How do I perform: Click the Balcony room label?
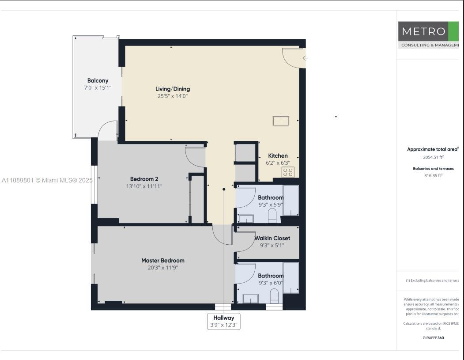(x=98, y=80)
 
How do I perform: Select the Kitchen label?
(x=278, y=155)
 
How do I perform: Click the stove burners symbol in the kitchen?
(x=288, y=172)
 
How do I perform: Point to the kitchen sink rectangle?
(x=281, y=121)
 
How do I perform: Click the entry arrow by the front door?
(x=305, y=58)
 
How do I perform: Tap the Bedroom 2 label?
(x=144, y=179)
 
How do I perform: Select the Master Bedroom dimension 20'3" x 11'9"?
(x=162, y=268)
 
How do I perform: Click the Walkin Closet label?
(x=272, y=238)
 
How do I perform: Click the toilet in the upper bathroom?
(x=272, y=215)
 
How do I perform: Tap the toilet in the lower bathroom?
(x=274, y=296)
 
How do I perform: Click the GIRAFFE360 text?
(x=433, y=338)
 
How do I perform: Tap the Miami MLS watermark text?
(x=47, y=180)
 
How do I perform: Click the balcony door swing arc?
(x=107, y=130)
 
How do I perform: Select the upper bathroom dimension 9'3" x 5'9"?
(x=271, y=205)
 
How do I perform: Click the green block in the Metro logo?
(x=453, y=31)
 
